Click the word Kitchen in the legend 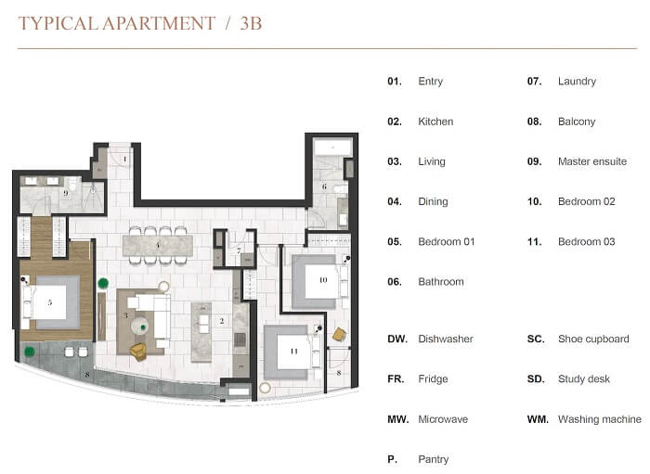click(x=435, y=122)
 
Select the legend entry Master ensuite click(x=592, y=161)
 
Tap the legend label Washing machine click(x=600, y=419)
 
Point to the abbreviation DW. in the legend click(x=397, y=339)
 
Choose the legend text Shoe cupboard click(x=593, y=339)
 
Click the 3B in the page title click(x=251, y=23)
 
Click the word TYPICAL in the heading click(x=58, y=23)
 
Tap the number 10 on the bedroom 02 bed click(x=323, y=280)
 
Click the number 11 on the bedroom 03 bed click(x=294, y=351)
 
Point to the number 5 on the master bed click(x=50, y=302)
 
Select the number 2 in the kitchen click(x=222, y=320)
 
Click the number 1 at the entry click(x=124, y=159)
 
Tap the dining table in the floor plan click(x=158, y=246)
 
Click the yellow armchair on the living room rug click(x=138, y=352)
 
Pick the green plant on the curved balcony click(x=30, y=352)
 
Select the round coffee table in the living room click(x=139, y=326)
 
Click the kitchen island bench click(x=201, y=332)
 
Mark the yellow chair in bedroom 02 click(x=339, y=335)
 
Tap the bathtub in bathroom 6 click(x=332, y=147)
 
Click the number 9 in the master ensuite click(x=66, y=193)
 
